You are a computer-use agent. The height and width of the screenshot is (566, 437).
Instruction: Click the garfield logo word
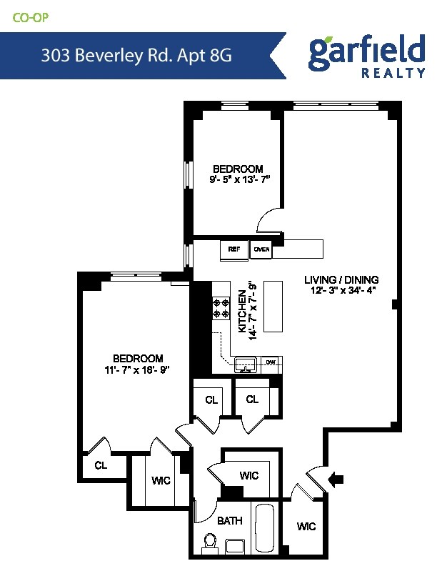coord(366,51)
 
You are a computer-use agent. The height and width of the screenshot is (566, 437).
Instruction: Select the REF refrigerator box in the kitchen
coord(233,249)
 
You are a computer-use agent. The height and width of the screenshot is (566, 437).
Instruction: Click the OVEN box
coord(261,249)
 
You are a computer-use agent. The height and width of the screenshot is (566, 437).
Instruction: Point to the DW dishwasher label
coord(271,362)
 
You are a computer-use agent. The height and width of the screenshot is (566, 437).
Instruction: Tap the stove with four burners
coord(219,309)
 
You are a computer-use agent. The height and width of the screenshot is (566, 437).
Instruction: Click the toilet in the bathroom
coord(211,545)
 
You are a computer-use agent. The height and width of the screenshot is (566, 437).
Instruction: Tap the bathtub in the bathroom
coord(265,529)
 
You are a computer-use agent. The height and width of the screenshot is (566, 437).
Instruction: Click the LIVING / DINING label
coord(341,279)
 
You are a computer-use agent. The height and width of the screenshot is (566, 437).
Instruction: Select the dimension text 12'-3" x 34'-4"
coord(341,290)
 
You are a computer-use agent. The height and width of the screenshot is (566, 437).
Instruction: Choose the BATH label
coord(229,522)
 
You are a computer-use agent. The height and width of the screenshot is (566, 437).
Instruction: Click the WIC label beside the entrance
coord(306,527)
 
